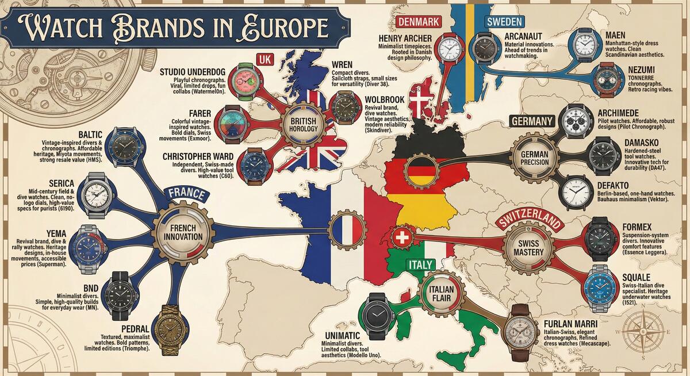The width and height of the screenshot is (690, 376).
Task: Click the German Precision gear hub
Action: click(535, 156)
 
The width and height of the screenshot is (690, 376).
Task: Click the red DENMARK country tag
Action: click(419, 22)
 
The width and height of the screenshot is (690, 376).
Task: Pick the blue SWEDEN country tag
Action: click(504, 22)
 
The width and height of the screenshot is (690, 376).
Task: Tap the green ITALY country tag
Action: click(420, 264)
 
